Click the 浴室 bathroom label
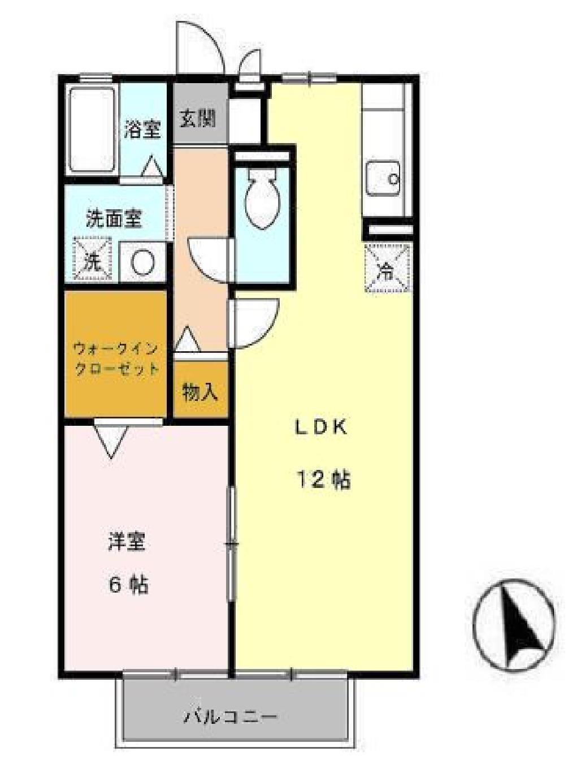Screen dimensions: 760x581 coord(142,129)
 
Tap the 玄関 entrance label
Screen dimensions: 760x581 coord(198,119)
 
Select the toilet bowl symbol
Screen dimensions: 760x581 coord(262,199)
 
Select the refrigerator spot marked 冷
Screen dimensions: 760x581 coord(387,267)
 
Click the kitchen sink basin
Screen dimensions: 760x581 coord(383,179)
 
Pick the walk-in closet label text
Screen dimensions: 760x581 coord(116,359)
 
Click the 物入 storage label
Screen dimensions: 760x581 coord(200,391)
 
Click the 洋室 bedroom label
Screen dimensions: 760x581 coord(127,541)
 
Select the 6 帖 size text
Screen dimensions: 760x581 coord(128,584)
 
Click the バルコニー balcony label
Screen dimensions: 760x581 coord(231,717)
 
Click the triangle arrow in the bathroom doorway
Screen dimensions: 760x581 coord(151,167)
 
